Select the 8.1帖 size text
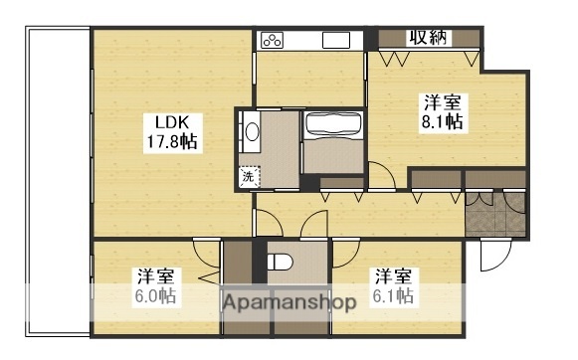442,121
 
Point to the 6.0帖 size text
155,296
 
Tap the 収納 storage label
429,38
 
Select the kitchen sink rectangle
336,41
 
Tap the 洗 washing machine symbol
248,177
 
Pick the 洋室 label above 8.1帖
442,101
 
